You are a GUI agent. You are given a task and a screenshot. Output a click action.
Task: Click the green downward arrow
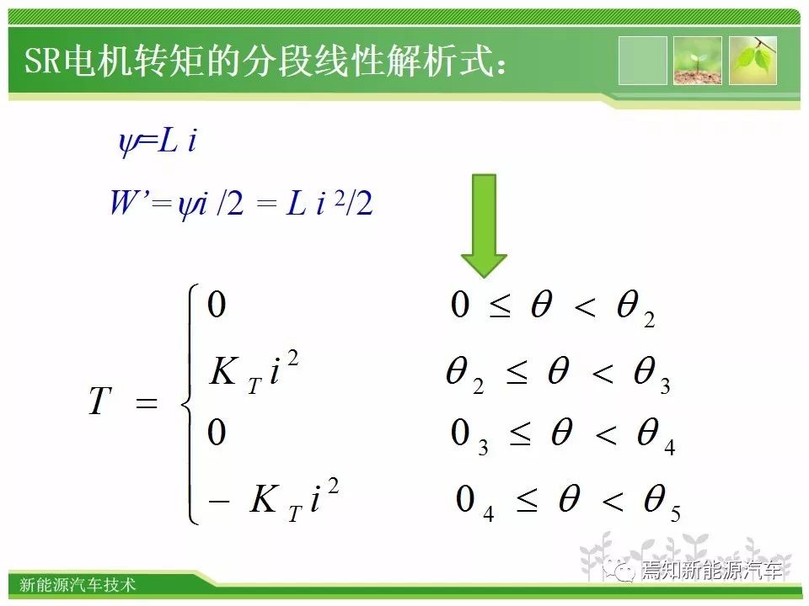coord(484,226)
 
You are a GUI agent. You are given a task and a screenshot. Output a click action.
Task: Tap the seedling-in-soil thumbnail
coord(698,61)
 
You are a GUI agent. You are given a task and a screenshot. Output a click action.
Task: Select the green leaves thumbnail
coord(753,61)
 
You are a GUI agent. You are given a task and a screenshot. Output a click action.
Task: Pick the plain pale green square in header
coord(642,61)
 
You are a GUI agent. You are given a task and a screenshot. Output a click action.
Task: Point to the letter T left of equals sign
coord(100,401)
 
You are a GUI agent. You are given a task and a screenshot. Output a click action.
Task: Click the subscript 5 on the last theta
coord(675,513)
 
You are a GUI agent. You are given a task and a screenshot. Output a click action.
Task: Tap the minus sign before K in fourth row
coord(219,500)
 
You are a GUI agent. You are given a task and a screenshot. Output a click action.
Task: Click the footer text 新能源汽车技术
coord(78,584)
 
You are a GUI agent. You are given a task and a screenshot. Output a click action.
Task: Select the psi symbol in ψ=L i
coord(127,142)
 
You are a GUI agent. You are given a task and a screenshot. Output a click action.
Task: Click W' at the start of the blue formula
coord(128,202)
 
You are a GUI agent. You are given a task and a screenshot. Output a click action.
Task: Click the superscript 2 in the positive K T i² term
coord(292,358)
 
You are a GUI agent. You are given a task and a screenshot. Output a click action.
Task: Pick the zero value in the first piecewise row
coord(217,304)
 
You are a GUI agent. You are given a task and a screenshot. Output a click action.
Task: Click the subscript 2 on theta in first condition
coord(649,320)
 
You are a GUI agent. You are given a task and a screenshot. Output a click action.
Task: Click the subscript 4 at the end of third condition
coord(669,447)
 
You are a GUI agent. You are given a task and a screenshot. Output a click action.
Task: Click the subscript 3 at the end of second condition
coord(665,386)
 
